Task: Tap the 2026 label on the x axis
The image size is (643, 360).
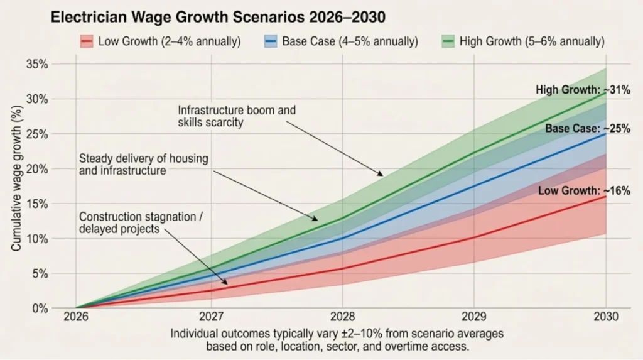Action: pyautogui.click(x=77, y=317)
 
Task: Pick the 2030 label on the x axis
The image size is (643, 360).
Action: pyautogui.click(x=605, y=317)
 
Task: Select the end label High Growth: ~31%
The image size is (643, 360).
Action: pyautogui.click(x=583, y=90)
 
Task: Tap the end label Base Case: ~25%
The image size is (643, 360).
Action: pyautogui.click(x=588, y=129)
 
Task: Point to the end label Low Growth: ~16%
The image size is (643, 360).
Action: pyautogui.click(x=584, y=191)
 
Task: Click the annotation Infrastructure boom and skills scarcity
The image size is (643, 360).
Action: pyautogui.click(x=237, y=116)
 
